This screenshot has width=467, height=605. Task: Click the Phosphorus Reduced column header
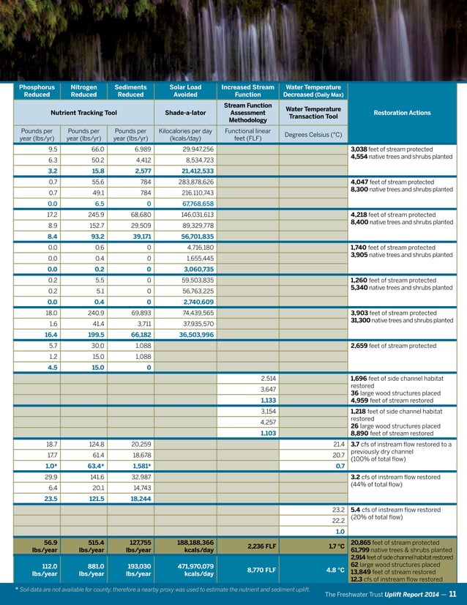pos(37,90)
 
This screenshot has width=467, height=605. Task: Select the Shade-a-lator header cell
pos(185,112)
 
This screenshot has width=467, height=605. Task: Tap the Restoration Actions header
pos(402,113)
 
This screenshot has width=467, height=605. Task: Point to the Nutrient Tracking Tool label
pos(83,112)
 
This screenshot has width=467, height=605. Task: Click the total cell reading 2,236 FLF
pos(248,546)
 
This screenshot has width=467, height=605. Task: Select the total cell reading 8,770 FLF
pos(248,569)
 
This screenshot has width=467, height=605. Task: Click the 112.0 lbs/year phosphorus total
pos(37,570)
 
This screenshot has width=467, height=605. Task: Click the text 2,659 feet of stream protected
pos(392,345)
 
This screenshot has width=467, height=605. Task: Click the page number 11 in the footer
pos(453,594)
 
